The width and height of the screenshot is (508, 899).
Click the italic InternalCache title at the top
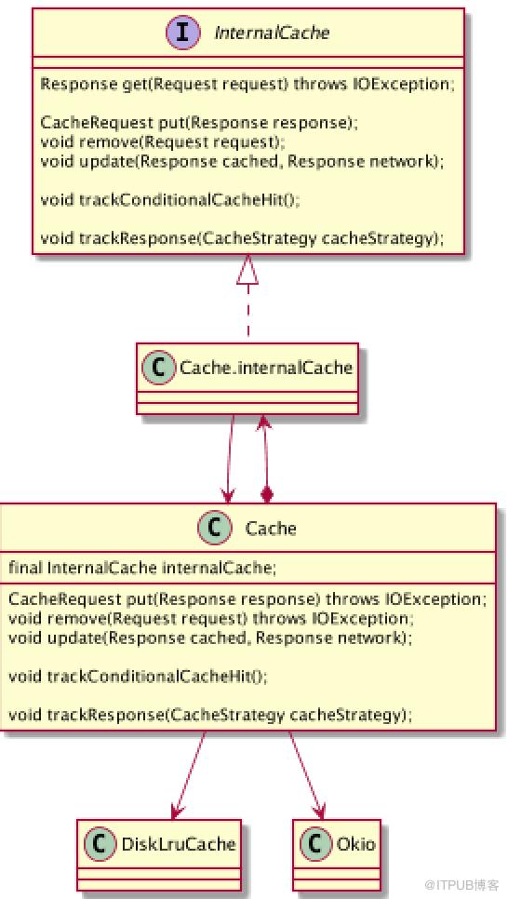271,32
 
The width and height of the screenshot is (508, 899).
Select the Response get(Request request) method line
248,84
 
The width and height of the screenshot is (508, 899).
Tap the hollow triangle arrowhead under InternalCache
248,271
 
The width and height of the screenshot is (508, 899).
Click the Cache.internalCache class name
265,368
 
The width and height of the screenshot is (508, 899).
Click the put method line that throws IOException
247,599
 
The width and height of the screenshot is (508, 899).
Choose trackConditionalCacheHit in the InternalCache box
171,200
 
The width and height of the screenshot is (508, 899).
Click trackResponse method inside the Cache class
210,715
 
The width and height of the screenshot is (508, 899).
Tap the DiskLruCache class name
179,844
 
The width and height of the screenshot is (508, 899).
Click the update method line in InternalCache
243,162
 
